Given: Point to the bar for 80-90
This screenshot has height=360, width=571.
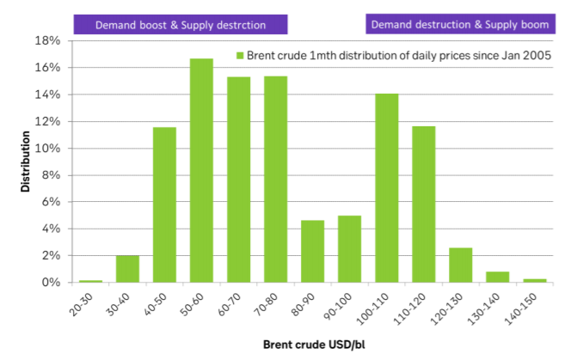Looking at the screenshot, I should (x=312, y=251).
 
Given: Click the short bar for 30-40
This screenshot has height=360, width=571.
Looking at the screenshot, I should (x=127, y=269).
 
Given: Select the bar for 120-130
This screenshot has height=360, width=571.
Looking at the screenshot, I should (x=460, y=265).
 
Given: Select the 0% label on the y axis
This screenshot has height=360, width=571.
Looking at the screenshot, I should (x=52, y=283).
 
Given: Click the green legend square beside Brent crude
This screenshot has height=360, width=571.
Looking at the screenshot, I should (x=240, y=56).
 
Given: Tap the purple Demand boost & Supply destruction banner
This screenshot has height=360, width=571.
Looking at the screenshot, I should (x=181, y=24).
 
